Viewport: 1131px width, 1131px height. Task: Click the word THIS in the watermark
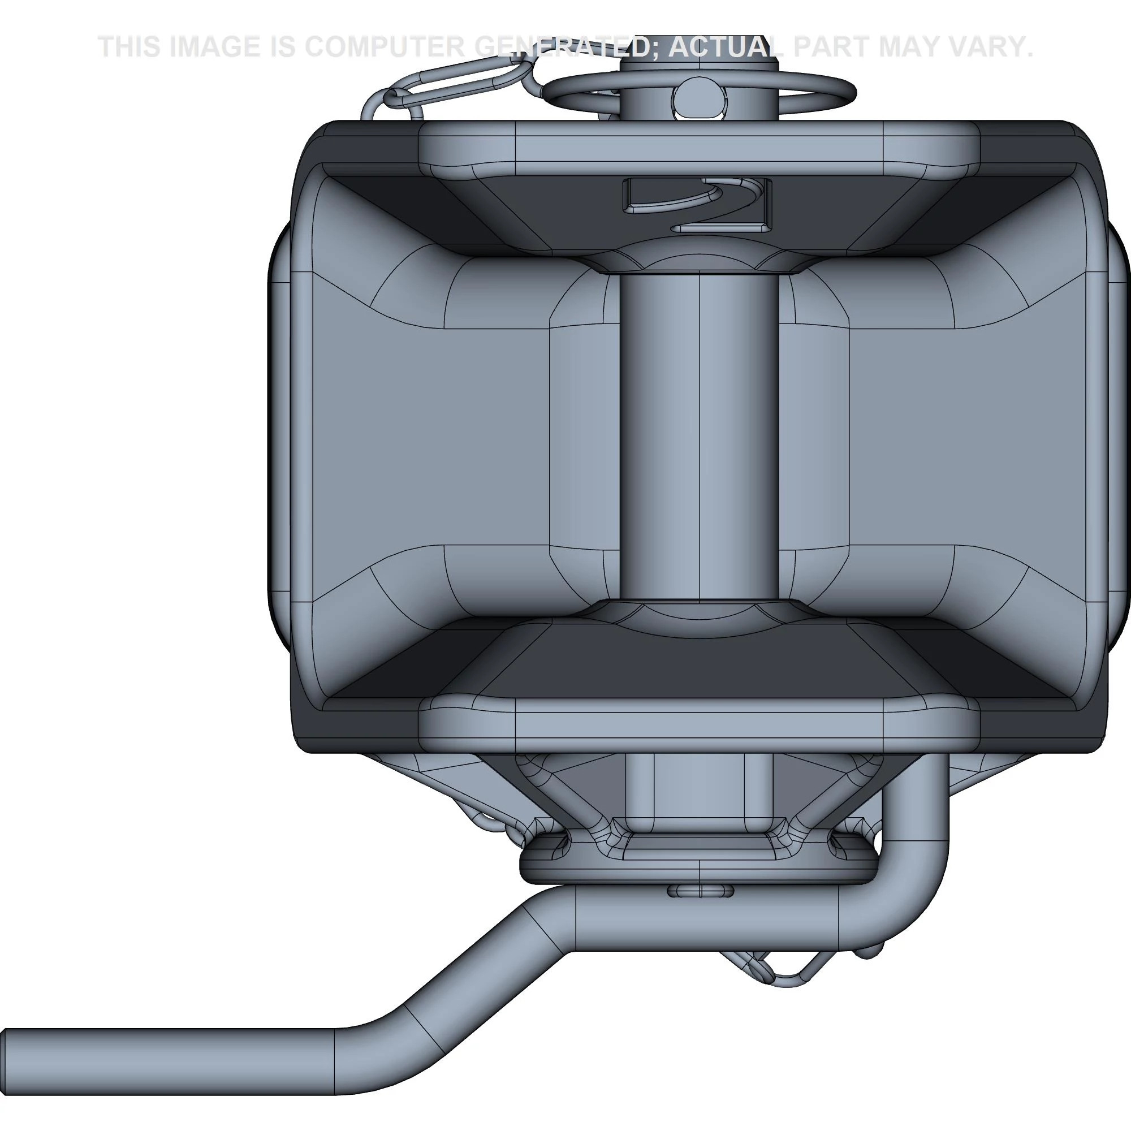tap(129, 47)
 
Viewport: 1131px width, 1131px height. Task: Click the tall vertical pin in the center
tap(699, 436)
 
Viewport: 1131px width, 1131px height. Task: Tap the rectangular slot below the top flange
tap(697, 203)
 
